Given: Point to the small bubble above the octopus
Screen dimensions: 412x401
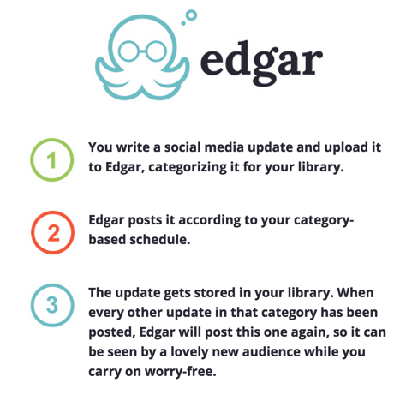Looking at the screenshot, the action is click(x=183, y=23).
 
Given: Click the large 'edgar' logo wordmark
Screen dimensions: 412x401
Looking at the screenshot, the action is click(x=261, y=63).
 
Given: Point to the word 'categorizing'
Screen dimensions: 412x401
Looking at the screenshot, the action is click(x=188, y=167).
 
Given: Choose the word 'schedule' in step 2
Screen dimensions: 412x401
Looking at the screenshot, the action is click(x=159, y=239).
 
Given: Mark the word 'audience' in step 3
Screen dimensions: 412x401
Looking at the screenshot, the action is click(x=271, y=352).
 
